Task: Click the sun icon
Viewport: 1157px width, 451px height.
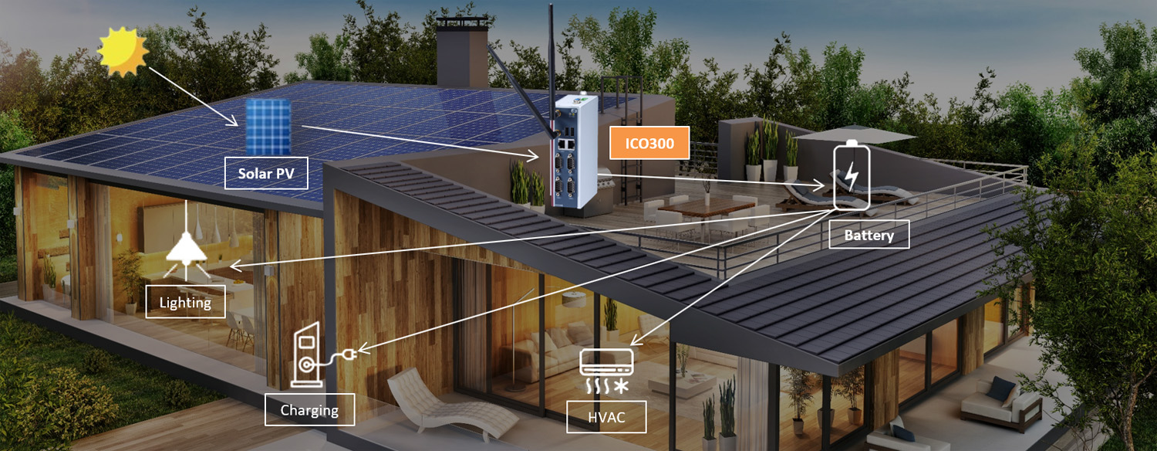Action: pyautogui.click(x=123, y=52)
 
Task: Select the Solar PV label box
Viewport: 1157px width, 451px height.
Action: pyautogui.click(x=266, y=174)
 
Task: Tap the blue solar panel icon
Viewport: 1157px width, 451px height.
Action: pyautogui.click(x=268, y=127)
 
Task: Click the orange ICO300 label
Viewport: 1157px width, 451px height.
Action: pyautogui.click(x=649, y=143)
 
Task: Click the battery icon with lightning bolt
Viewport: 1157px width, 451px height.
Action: pyautogui.click(x=851, y=175)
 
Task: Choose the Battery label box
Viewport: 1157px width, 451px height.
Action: pyautogui.click(x=869, y=235)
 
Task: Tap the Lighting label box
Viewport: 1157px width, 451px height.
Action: pyautogui.click(x=185, y=301)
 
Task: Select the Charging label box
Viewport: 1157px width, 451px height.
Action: pyautogui.click(x=309, y=409)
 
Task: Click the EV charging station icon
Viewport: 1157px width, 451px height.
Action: pyautogui.click(x=306, y=357)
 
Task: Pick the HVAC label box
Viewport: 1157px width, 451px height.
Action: pyautogui.click(x=606, y=417)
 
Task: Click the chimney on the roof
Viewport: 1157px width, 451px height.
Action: pyautogui.click(x=461, y=54)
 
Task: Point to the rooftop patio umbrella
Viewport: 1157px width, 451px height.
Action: pyautogui.click(x=857, y=134)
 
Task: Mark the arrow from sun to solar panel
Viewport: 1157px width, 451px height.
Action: pyautogui.click(x=193, y=96)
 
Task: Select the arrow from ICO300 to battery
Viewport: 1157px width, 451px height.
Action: pyautogui.click(x=717, y=181)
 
